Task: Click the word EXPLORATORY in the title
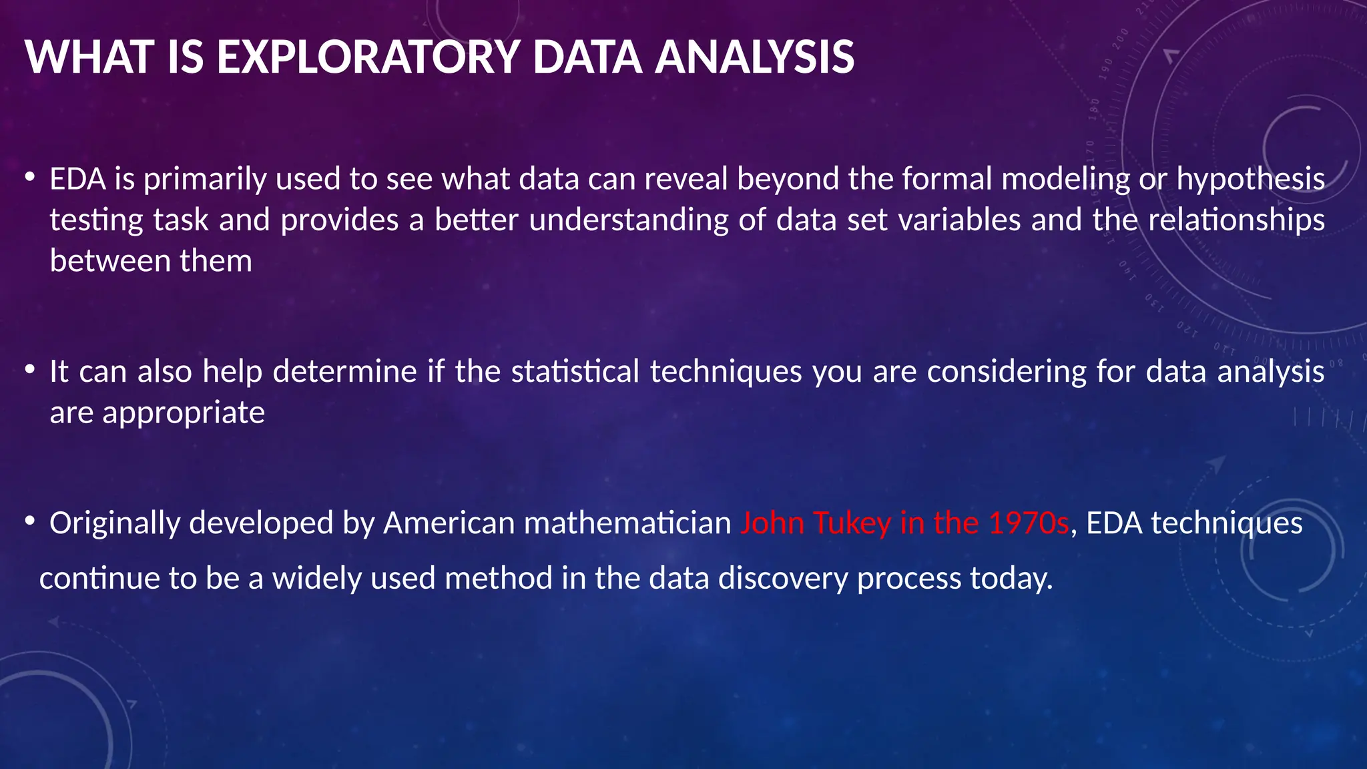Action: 368,57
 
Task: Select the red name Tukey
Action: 852,523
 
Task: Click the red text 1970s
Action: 1029,523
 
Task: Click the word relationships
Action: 1236,220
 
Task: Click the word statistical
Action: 575,372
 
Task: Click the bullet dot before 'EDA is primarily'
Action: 29,178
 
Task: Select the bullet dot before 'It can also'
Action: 29,369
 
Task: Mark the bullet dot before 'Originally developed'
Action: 29,521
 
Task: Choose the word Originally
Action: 114,523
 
